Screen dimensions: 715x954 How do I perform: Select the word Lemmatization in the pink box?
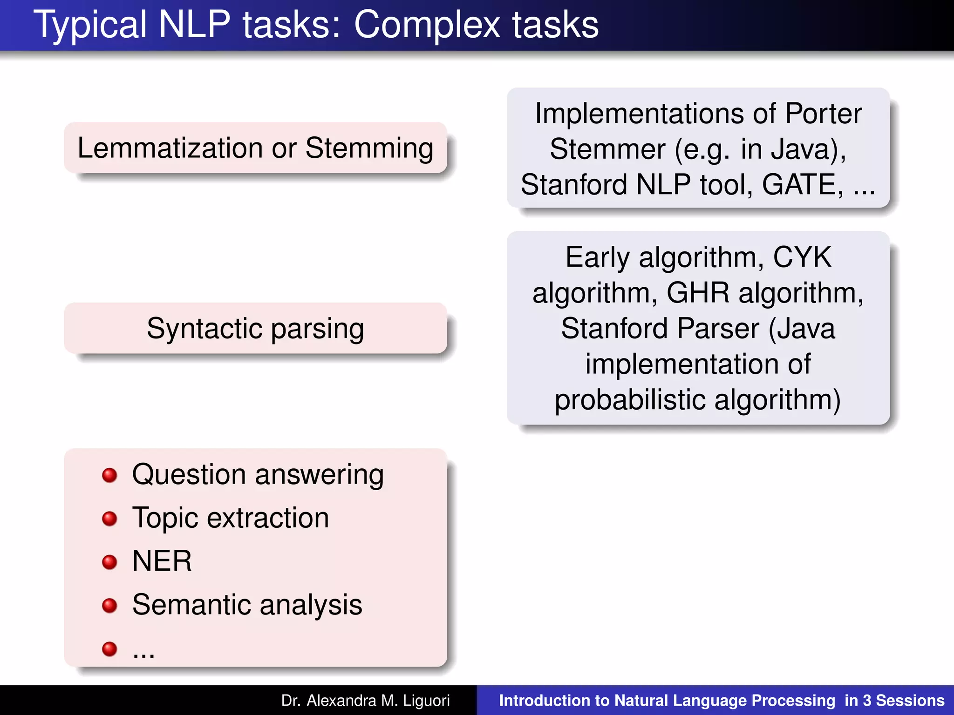click(x=170, y=148)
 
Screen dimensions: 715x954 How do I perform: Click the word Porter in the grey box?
click(x=823, y=114)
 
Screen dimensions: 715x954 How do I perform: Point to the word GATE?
click(x=802, y=184)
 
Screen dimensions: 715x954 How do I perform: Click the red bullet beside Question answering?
click(x=109, y=475)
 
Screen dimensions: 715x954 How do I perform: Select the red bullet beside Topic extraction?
click(x=109, y=519)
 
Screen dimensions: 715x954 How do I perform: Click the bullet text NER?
click(x=162, y=561)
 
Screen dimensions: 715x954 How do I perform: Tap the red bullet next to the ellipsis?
click(x=109, y=648)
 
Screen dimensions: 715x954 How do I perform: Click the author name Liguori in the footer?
click(x=426, y=701)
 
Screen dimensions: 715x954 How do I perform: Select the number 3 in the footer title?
click(x=867, y=701)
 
